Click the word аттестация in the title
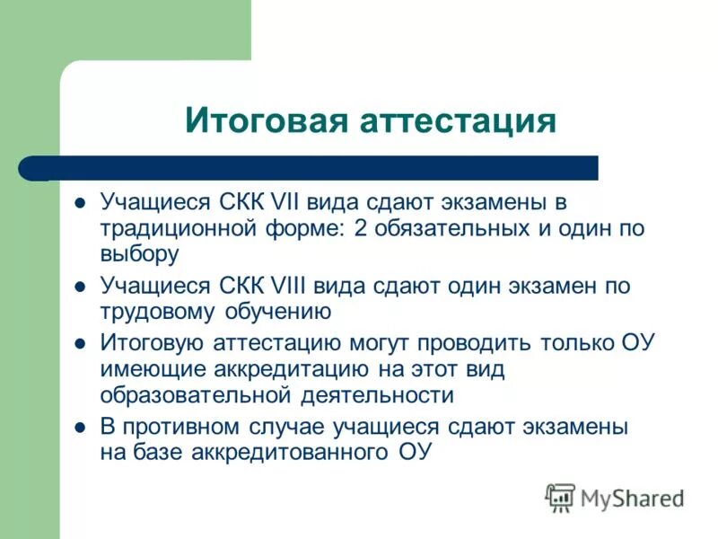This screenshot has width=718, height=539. [x=458, y=120]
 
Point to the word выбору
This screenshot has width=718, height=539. [x=140, y=254]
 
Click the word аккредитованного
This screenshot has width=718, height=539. [x=289, y=452]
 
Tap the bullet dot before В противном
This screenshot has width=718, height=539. [x=80, y=427]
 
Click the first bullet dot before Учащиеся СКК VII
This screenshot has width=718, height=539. [x=80, y=203]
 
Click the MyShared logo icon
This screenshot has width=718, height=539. [x=560, y=497]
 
